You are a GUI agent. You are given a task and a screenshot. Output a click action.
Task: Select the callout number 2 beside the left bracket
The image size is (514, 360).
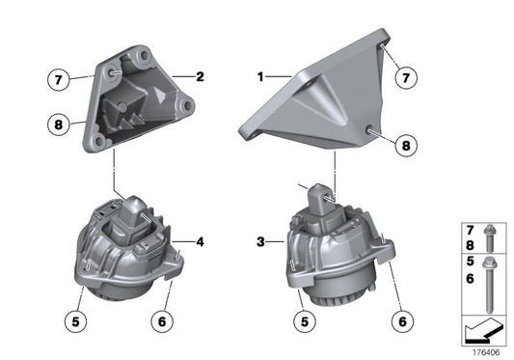(x=200, y=75)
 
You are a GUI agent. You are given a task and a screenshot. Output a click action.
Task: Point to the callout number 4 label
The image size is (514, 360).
(x=200, y=241)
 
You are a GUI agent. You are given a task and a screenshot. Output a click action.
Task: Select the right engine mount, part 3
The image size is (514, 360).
(x=333, y=251)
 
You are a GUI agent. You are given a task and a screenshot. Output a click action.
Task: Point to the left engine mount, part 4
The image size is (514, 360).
(x=127, y=246)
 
